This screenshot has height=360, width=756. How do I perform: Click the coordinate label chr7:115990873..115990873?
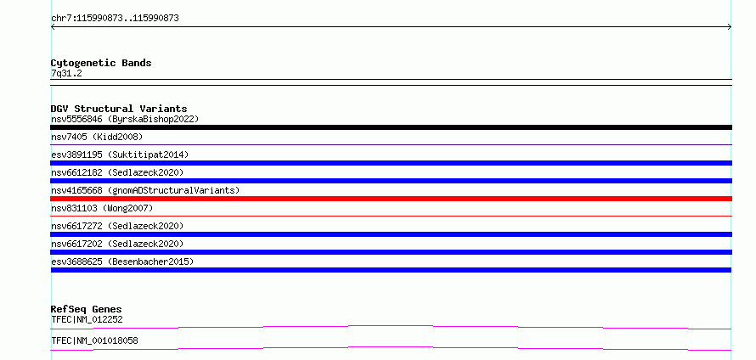pos(115,19)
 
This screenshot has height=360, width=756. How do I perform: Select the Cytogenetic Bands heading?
pos(101,63)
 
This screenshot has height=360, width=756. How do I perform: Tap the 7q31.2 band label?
pos(66,74)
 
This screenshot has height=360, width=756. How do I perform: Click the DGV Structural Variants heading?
pos(119,109)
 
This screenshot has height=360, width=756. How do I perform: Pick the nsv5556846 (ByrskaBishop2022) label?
pos(125,119)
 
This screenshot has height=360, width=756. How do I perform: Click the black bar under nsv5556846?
pos(391,127)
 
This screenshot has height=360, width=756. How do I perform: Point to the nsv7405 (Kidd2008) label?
pos(97,137)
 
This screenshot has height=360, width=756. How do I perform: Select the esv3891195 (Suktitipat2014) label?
pos(120,155)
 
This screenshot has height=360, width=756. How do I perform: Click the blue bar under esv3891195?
pos(391,163)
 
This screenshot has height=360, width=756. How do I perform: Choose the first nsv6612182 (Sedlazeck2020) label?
pos(117,172)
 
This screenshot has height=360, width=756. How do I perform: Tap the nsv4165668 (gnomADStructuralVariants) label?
pos(145,190)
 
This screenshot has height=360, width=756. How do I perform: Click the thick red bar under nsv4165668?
pos(391,199)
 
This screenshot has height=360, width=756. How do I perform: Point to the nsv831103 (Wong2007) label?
pos(102,208)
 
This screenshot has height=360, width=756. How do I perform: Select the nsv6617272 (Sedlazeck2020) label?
pos(117,226)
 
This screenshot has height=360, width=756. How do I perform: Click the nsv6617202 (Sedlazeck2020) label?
pos(117,244)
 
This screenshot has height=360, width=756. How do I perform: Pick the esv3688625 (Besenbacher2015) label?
pos(122,262)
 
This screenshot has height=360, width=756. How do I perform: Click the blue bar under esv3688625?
pos(391,270)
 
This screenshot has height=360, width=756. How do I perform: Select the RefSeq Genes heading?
pos(87,309)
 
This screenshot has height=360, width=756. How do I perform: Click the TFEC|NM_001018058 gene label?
pos(94,340)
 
